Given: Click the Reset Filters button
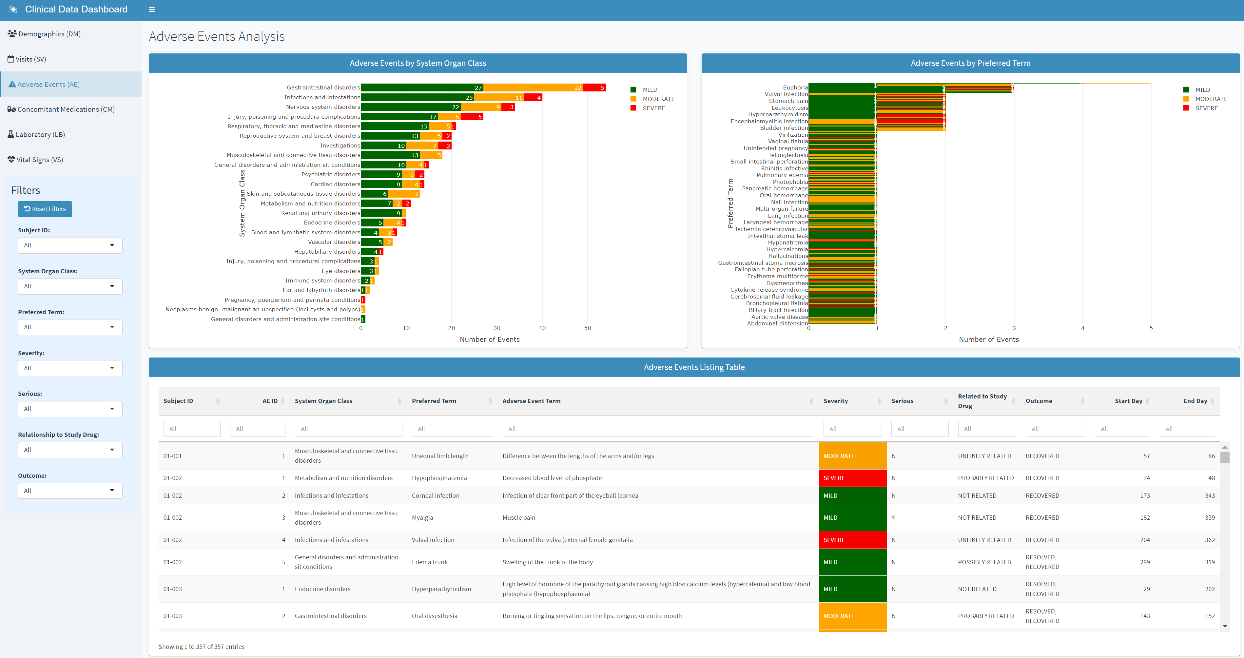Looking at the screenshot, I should point(45,209).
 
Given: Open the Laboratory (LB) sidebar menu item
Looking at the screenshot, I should point(40,135).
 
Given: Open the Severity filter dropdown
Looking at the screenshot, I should point(70,368).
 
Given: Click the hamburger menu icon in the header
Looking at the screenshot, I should point(152,9).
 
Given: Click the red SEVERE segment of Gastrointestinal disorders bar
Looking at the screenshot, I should point(594,87).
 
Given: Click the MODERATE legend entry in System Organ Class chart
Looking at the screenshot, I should point(658,99).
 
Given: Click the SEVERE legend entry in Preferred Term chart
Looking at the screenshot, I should point(1206,108).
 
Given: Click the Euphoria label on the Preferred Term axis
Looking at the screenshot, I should point(795,87).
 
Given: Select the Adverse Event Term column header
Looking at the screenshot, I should point(531,401).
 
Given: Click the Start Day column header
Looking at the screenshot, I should point(1128,401).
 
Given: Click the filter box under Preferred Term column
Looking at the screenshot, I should point(452,429).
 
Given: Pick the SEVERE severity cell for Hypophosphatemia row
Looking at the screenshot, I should point(852,478).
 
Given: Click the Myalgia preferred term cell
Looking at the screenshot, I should point(422,517).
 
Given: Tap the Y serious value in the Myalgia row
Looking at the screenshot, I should point(893,517).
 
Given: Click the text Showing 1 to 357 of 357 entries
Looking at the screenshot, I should point(201,647).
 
